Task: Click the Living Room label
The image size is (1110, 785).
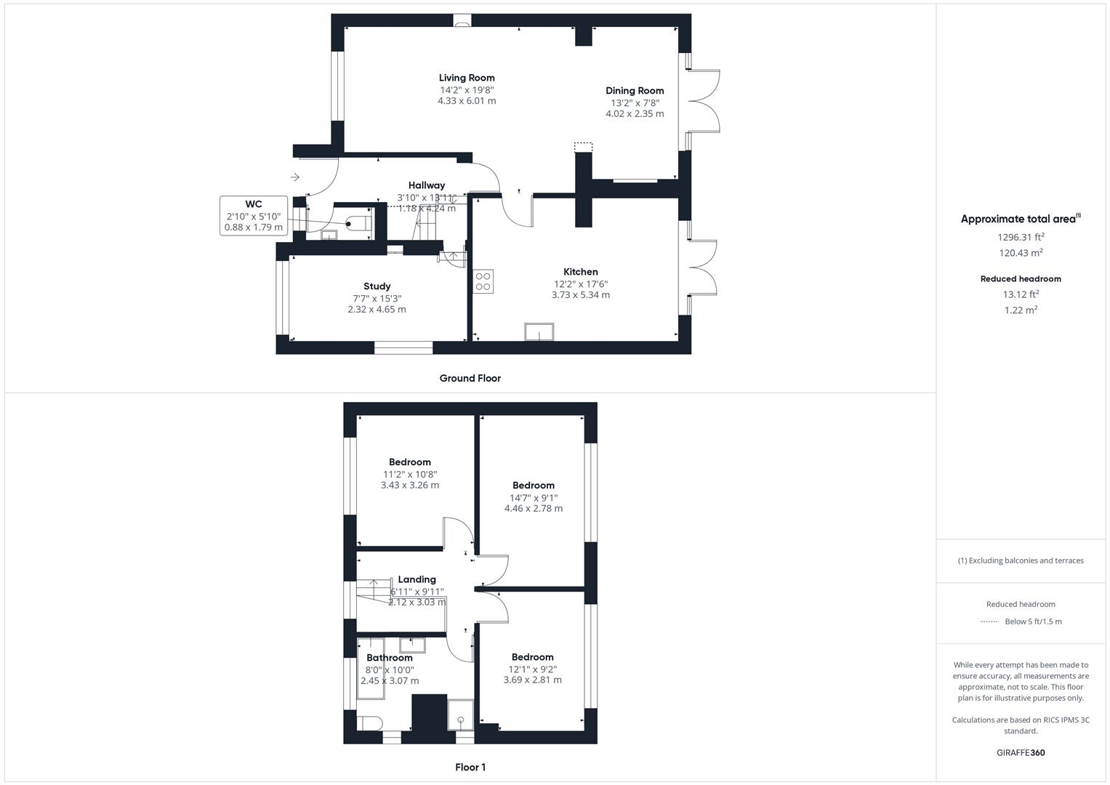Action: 467,78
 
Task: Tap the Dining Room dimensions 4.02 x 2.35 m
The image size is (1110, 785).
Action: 635,114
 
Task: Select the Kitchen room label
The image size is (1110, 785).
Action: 581,272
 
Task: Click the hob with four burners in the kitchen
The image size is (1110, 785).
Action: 483,281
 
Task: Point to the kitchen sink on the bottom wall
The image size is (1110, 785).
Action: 539,331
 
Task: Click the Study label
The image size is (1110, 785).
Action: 377,286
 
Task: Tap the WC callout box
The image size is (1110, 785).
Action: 254,216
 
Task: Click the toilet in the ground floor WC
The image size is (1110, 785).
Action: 358,222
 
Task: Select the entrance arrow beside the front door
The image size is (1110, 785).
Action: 295,177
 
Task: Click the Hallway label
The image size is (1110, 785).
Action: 426,185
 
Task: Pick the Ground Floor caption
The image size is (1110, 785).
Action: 470,378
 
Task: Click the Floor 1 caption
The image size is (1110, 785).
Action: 470,767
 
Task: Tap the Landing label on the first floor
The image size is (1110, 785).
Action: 417,579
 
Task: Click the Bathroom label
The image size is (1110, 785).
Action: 390,658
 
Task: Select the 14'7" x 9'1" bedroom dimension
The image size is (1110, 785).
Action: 534,498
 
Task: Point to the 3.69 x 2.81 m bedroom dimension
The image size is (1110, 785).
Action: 532,680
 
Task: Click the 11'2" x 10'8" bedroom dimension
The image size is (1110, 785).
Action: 410,474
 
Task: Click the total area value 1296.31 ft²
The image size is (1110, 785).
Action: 1021,237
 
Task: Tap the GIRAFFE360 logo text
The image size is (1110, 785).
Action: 1021,752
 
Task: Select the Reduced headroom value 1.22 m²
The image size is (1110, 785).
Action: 1021,310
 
